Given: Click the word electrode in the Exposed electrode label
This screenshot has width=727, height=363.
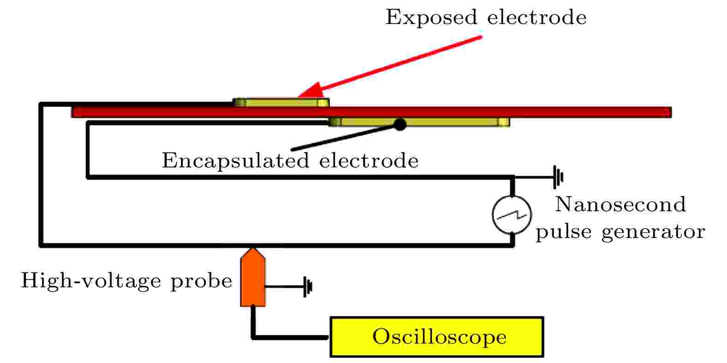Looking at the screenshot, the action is pos(537,17).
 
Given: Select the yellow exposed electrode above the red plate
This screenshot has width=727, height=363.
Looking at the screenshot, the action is pos(281,102).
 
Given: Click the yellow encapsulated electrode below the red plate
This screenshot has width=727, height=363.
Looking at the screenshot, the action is pos(419,122).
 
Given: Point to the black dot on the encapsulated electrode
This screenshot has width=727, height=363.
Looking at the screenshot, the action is pos(400,124).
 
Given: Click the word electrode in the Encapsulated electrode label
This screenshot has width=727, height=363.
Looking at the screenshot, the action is pos(369,161).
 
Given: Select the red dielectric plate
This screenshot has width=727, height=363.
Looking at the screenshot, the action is pos(371,112).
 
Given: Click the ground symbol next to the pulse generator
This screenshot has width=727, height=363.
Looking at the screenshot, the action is pos(558,177).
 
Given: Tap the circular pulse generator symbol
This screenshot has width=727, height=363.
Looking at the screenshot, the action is pos(512,215).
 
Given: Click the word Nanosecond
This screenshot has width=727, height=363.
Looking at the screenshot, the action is pos(620,204).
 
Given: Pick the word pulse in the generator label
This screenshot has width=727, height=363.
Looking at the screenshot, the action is pos(564,232).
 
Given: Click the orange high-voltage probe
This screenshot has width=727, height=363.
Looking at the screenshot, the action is pos(253,277).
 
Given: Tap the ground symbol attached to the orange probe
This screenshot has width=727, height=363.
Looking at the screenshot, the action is pos(308,286).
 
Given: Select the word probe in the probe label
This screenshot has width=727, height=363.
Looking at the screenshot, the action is pos(201,281).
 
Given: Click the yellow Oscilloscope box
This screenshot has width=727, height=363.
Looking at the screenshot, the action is pos(437,337).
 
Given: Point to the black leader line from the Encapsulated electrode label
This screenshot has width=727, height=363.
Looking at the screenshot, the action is pos(344,137).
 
